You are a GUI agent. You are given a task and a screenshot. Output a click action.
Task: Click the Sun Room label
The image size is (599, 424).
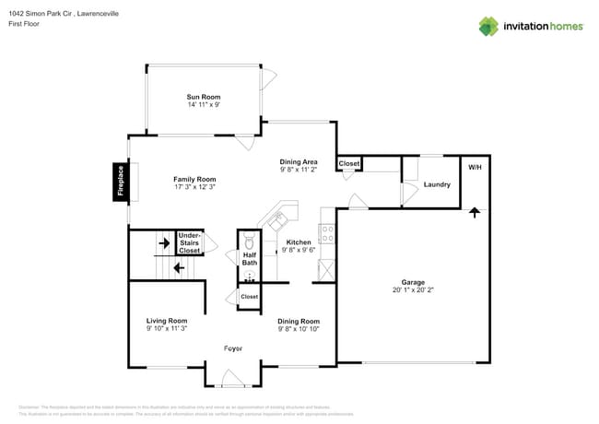click(x=203, y=97)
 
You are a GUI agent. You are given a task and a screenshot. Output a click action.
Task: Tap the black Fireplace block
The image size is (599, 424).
click(x=120, y=182)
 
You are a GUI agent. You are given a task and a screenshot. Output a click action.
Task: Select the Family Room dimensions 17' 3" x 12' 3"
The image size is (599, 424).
click(x=194, y=187)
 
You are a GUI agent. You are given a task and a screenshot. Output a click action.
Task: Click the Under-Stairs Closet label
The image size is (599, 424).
click(x=189, y=242)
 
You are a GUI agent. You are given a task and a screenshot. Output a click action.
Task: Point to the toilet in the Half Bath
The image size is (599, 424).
click(x=250, y=244)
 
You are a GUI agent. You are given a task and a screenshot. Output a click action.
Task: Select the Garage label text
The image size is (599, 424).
click(x=412, y=282)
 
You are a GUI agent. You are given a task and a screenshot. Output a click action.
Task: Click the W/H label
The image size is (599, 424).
click(x=475, y=168)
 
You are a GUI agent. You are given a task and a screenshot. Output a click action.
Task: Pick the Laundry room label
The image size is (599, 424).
click(x=437, y=184)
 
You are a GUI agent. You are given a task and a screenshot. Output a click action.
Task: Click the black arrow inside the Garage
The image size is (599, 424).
click(x=475, y=212)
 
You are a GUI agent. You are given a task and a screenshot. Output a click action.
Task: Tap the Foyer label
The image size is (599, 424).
click(x=234, y=347)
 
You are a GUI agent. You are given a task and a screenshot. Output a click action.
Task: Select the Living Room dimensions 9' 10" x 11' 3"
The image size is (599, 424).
click(x=167, y=328)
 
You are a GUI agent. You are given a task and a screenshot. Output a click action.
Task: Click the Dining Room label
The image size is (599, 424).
click(x=299, y=321)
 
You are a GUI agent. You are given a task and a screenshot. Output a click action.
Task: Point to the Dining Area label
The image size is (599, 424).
click(x=299, y=161)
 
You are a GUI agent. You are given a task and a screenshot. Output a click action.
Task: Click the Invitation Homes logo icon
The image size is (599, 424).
click(x=488, y=26)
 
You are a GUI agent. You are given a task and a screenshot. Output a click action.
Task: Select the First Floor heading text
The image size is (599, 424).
click(x=24, y=25)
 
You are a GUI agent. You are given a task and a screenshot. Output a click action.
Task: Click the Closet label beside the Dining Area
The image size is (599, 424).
click(x=349, y=164)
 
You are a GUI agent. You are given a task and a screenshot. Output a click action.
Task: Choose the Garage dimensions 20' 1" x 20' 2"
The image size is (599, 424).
click(x=412, y=290)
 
